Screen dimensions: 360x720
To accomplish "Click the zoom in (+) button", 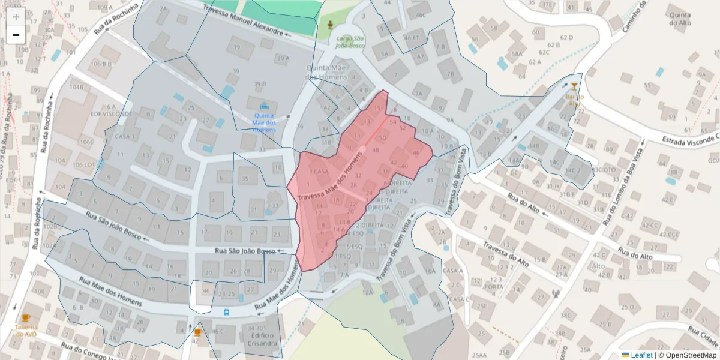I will pos(16,17).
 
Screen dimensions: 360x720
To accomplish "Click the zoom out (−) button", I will pos(16,35).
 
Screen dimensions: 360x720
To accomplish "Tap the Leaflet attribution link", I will pos(641,355).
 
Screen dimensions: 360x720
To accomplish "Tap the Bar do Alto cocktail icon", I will pos(574,87).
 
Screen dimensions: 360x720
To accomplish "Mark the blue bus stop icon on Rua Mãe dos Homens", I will pos(226,312).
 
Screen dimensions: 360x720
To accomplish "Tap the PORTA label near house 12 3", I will pos(494,287).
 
